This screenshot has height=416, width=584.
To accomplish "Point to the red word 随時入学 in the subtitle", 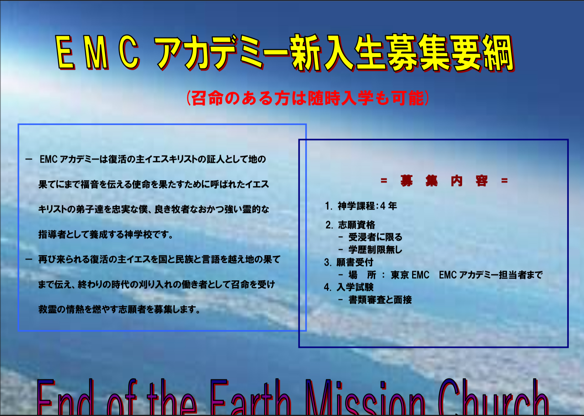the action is pyautogui.click(x=341, y=98).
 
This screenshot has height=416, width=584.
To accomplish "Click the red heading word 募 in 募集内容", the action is pyautogui.click(x=407, y=181).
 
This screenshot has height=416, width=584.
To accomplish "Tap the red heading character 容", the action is pyautogui.click(x=481, y=181).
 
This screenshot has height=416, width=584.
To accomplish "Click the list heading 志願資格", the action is pyautogui.click(x=356, y=225).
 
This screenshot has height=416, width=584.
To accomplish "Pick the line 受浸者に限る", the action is pyautogui.click(x=376, y=237).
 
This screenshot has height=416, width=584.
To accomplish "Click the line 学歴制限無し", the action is pyautogui.click(x=376, y=250).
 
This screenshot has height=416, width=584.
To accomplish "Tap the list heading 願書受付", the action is pyautogui.click(x=355, y=262).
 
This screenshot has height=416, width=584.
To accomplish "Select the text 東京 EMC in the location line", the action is pyautogui.click(x=410, y=275).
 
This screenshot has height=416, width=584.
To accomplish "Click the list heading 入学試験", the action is pyautogui.click(x=355, y=287).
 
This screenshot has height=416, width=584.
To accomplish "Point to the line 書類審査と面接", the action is pyautogui.click(x=380, y=300).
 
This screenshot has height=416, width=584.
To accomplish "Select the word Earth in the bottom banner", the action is pyautogui.click(x=250, y=397).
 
